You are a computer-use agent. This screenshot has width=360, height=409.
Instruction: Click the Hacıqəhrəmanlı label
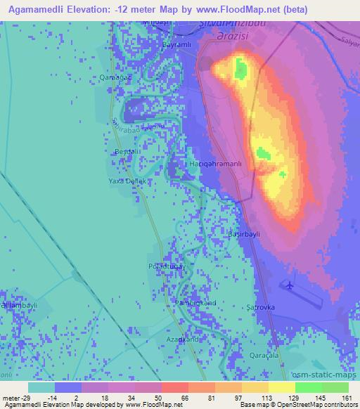point(217,164)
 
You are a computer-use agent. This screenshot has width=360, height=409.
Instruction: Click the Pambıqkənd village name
point(195,303)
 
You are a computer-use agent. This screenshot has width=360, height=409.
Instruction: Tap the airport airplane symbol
point(289,285)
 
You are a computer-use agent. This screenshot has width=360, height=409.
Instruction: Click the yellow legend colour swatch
point(281,387)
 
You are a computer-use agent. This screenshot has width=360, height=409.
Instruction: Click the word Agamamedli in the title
point(35,10)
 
